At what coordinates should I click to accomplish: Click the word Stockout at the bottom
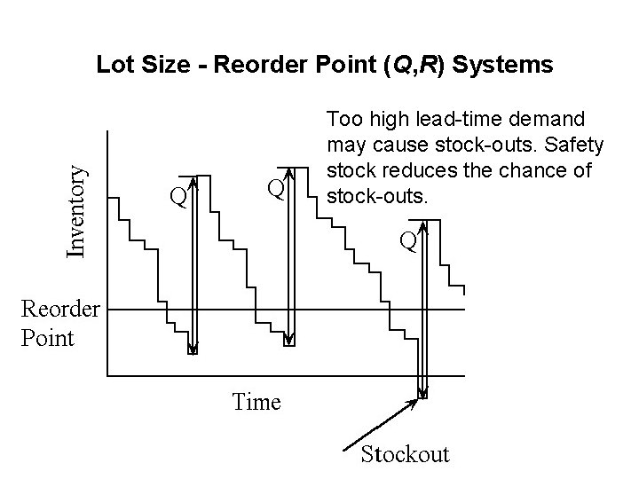[405, 454]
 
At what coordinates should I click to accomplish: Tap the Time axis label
[256, 402]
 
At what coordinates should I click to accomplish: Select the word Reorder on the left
[59, 310]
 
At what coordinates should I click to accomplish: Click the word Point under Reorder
[47, 338]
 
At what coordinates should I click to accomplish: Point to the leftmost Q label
[178, 195]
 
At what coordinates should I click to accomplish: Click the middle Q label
[277, 189]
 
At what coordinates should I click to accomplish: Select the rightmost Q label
[407, 239]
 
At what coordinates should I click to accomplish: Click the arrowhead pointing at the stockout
[413, 403]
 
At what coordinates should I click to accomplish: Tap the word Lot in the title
[113, 65]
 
